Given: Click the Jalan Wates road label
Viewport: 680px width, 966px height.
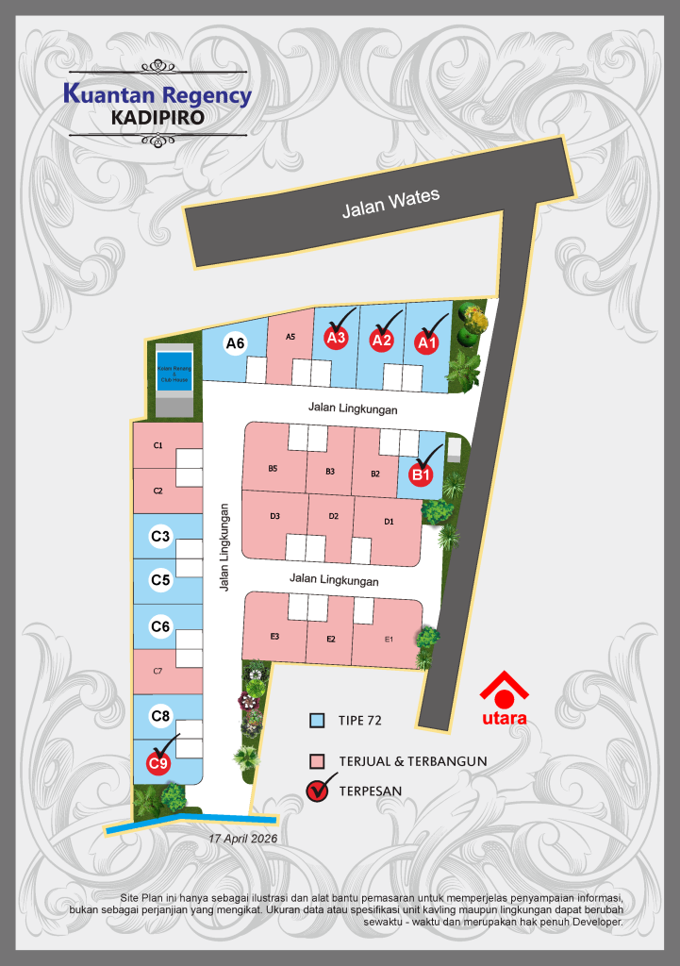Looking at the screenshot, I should pyautogui.click(x=390, y=203).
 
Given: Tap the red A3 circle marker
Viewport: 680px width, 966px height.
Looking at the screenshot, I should pyautogui.click(x=337, y=337).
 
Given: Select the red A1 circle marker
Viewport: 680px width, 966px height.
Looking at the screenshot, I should pyautogui.click(x=428, y=342).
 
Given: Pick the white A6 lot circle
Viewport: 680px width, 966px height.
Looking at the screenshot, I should pyautogui.click(x=236, y=343).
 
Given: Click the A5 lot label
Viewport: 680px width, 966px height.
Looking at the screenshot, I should pyautogui.click(x=290, y=337).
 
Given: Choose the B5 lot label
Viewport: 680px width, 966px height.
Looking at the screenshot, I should pyautogui.click(x=273, y=469).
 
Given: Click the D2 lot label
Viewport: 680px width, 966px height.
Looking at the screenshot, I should pyautogui.click(x=334, y=516).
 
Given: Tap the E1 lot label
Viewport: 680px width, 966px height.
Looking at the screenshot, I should pyautogui.click(x=388, y=640).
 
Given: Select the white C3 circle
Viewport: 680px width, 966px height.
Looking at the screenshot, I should pyautogui.click(x=160, y=537).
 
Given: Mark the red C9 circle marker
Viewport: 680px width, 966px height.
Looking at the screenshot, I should pyautogui.click(x=158, y=761).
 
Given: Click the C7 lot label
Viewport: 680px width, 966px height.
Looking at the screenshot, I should pyautogui.click(x=158, y=671).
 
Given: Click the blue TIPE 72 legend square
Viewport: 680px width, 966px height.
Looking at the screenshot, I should pyautogui.click(x=318, y=722).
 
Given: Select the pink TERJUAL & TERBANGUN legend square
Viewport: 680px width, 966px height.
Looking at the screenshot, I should pyautogui.click(x=318, y=761).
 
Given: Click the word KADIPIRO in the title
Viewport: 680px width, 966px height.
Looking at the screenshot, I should pyautogui.click(x=158, y=118).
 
